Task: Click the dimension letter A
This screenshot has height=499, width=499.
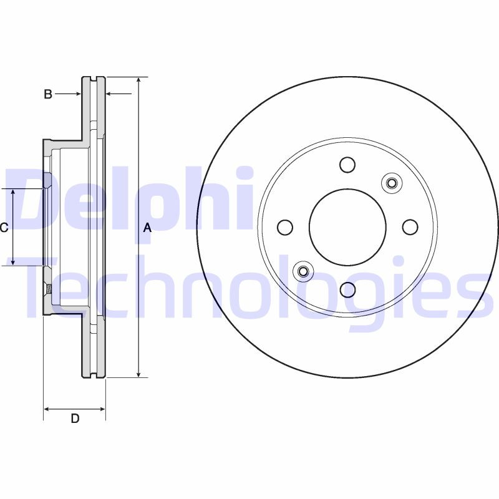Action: [x=147, y=228]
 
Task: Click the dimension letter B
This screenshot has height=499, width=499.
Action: [x=47, y=94]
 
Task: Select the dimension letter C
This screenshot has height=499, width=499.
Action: [x=4, y=228]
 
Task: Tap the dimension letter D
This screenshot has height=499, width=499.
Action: [x=75, y=419]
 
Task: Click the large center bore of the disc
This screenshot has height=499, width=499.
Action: [x=347, y=227]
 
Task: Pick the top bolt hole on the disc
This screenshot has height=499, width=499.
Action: [x=347, y=165]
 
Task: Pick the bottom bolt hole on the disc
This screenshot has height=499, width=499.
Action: [x=347, y=289]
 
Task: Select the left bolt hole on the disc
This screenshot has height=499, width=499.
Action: [x=285, y=227]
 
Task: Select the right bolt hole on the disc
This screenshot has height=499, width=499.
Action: [x=410, y=227]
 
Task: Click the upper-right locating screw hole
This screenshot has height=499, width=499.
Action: [x=392, y=183]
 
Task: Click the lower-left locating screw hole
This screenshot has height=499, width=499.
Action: [x=303, y=271]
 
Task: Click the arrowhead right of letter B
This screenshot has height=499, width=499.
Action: [x=110, y=94]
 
